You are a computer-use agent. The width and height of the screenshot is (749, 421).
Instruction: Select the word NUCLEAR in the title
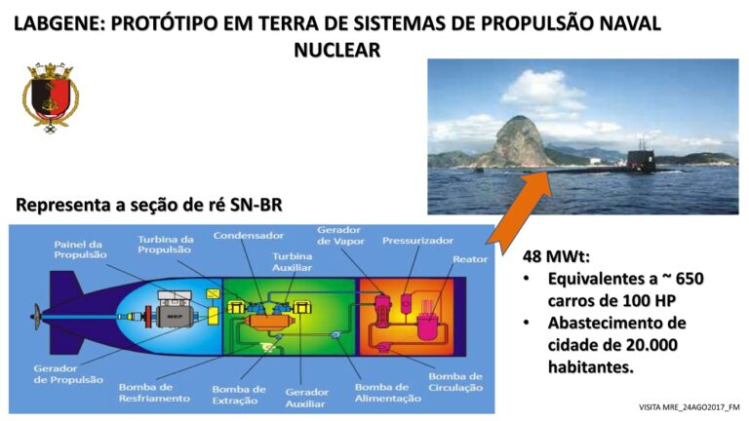point(336,50)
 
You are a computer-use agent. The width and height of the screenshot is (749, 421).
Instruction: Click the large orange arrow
point(521,212)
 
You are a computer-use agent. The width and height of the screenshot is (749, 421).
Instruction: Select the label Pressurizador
point(417,241)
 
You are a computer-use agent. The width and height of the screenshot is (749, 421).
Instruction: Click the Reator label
point(470,259)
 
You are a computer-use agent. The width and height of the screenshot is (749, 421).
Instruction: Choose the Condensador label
point(249,235)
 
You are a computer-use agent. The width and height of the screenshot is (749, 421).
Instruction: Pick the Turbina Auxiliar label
point(292,261)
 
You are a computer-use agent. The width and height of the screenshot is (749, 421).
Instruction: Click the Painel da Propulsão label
point(80,249)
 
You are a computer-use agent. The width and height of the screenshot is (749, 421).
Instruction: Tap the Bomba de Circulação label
point(455,382)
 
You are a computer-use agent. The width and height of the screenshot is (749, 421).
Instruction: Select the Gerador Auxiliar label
point(306,398)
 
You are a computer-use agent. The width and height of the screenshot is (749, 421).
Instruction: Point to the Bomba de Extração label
point(239,395)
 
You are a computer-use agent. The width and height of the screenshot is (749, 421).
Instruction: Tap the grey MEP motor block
point(175,316)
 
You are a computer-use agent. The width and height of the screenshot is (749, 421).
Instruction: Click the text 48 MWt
point(556,256)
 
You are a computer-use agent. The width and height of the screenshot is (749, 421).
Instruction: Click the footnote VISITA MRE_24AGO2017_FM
point(689,407)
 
